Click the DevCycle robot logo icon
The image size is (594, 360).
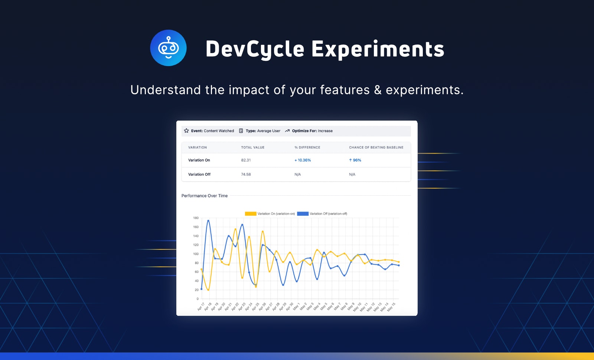pos(169,48)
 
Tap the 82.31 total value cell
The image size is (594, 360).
pos(246,160)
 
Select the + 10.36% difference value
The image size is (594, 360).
pos(303,160)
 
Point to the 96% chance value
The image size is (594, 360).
pos(355,160)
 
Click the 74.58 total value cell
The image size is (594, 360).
pos(246,174)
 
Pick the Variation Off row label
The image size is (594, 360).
pos(199,174)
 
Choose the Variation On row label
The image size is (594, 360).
pos(199,160)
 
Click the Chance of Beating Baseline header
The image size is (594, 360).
pos(376,147)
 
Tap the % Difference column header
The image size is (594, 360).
pos(307,147)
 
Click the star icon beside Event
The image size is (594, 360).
pos(186,131)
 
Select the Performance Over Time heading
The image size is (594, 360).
pos(205,196)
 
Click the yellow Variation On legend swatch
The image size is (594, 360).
pos(250,214)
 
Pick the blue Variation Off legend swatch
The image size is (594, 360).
pos(303,214)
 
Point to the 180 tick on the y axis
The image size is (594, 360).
pos(196,218)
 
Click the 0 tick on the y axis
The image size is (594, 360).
pos(198,299)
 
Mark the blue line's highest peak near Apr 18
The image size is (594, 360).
pos(208,220)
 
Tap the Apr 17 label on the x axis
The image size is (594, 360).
pos(201,307)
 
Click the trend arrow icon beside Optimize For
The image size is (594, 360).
pos(287,131)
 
